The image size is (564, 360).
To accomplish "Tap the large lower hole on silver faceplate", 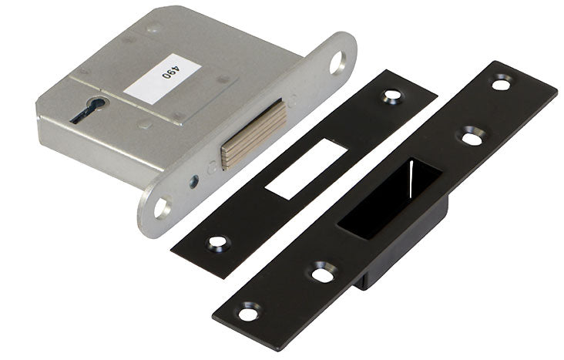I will click(162, 206).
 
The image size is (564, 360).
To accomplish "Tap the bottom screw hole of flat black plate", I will click(219, 242).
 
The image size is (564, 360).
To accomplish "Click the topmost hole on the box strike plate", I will click(502, 81).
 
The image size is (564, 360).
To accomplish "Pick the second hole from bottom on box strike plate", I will click(321, 271).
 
